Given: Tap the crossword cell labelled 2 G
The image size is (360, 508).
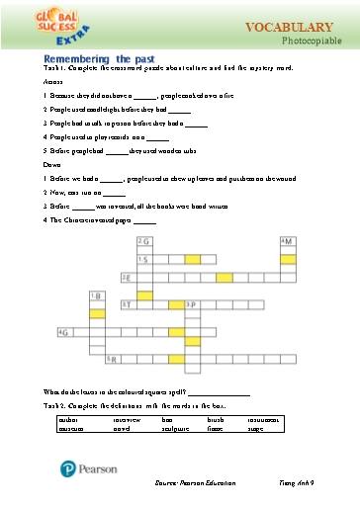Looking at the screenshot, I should [144, 241].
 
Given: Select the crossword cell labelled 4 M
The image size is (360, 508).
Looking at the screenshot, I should [288, 241].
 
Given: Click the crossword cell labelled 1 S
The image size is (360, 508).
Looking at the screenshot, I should [144, 260].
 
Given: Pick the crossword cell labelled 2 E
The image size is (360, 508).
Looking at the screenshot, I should [127, 278].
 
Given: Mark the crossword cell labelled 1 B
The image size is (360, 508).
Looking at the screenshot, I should [96, 296].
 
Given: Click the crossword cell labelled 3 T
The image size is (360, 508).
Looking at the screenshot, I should [127, 305].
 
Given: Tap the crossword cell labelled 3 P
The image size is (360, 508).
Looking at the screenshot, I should [191, 305].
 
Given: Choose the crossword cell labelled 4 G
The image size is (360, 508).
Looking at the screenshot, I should [66, 333].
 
